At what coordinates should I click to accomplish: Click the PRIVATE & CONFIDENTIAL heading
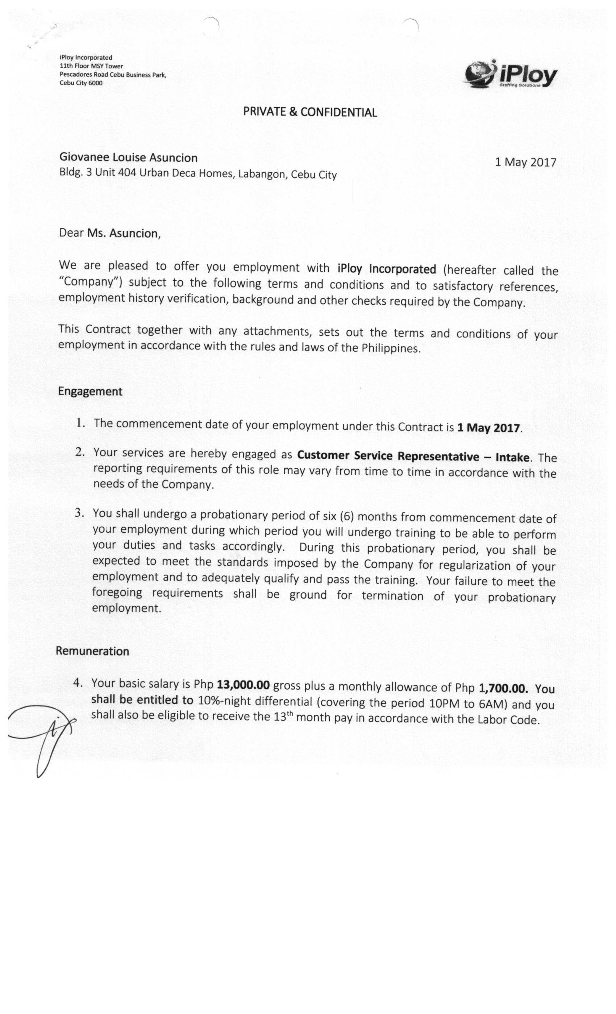[x=310, y=112]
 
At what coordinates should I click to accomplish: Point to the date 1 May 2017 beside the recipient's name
[x=525, y=162]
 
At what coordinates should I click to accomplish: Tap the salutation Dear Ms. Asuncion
[x=109, y=233]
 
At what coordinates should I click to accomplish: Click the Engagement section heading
[x=90, y=391]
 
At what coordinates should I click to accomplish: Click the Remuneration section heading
[x=92, y=651]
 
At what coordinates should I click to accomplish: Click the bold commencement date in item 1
[x=488, y=428]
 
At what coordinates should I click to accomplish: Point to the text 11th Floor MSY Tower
[x=91, y=66]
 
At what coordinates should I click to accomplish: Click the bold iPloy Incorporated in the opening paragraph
[x=386, y=269]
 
